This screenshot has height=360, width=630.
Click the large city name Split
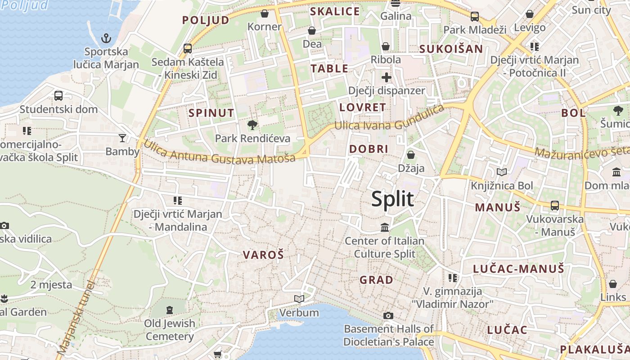(392, 199)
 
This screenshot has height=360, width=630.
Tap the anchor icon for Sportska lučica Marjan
(106, 38)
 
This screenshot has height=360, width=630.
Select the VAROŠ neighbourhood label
(263, 255)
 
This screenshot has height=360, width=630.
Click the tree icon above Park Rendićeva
(252, 125)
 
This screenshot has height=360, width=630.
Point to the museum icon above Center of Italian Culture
(385, 227)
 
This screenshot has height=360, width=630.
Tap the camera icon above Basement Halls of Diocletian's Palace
(388, 315)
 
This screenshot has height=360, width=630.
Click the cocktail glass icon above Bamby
(122, 138)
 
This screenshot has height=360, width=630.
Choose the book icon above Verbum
(299, 299)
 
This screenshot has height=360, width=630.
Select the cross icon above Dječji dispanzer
(386, 77)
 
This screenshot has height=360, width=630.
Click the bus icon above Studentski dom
(58, 95)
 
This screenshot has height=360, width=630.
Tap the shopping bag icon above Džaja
(410, 155)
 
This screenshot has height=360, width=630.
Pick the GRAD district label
(376, 280)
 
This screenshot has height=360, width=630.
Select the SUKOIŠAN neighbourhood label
(451, 49)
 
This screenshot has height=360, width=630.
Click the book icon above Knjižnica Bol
(501, 172)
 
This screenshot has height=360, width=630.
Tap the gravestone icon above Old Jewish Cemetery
(169, 310)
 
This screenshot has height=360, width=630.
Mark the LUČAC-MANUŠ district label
(518, 269)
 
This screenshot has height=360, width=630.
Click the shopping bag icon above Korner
(265, 13)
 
